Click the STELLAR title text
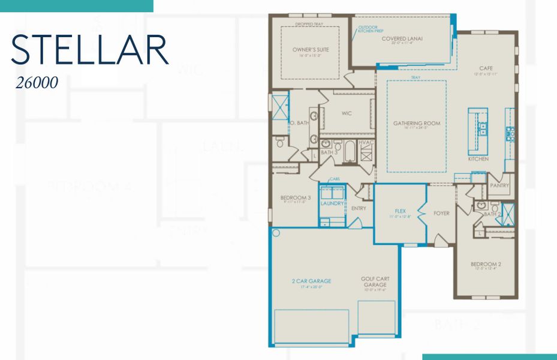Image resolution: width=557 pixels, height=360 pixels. (x=89, y=49)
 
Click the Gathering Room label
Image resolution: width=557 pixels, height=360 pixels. (x=417, y=123)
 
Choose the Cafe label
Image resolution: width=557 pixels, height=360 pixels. (x=486, y=68)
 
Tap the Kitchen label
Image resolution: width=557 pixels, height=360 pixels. (x=478, y=159)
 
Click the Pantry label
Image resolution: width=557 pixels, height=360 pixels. (x=499, y=185)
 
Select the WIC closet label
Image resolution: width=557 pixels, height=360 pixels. (x=347, y=113)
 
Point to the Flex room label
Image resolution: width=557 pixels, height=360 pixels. (x=401, y=211)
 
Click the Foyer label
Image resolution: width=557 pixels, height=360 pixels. (x=442, y=213)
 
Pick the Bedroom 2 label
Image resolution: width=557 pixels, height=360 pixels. (x=486, y=264)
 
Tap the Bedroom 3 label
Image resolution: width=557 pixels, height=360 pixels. (x=296, y=198)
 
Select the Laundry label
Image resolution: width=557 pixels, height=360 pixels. (x=332, y=203)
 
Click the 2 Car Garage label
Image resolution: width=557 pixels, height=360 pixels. (x=311, y=281)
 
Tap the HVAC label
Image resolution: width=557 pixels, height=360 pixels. (x=366, y=142)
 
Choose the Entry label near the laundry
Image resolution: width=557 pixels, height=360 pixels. (x=359, y=208)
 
